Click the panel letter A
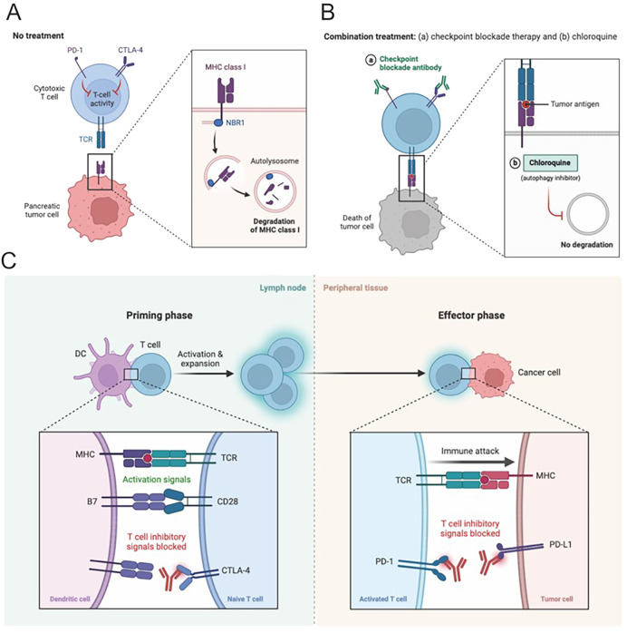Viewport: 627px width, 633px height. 14,13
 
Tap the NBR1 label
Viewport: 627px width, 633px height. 235,122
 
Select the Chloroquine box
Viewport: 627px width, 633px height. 550,162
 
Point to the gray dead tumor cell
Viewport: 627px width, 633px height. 410,221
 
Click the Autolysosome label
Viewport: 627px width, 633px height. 275,161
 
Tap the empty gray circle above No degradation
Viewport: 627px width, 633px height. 588,215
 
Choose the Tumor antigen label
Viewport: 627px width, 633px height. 575,104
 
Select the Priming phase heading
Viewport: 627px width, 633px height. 159,316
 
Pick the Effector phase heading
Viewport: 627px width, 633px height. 471,316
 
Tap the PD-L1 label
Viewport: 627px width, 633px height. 561,545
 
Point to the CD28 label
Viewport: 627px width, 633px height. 227,502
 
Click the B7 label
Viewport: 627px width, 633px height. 92,502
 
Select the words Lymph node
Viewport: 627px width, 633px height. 283,287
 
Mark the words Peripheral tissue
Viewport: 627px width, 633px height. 356,287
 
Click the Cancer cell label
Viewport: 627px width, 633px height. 539,372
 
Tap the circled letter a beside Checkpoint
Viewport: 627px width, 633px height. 371,60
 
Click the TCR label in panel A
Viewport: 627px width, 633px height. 85,140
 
